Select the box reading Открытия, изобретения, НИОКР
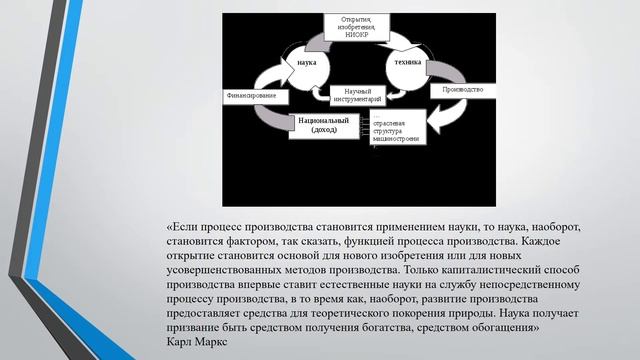coord(363,27)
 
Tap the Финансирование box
coord(249,96)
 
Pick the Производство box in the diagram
coord(461,91)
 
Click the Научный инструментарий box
coord(357,96)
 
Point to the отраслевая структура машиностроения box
coord(399,134)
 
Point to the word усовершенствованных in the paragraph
coord(235,270)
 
